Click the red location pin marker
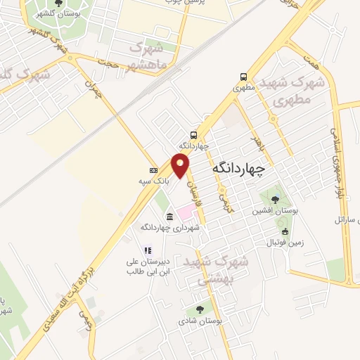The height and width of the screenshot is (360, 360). [181, 165]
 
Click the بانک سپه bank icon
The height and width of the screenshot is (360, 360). [153, 170]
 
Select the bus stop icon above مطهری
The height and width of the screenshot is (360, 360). [243, 77]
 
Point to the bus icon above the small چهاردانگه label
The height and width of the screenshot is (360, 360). [193, 134]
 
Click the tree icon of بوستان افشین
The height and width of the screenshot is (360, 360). [275, 199]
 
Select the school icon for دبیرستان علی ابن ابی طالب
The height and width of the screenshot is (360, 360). [148, 250]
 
